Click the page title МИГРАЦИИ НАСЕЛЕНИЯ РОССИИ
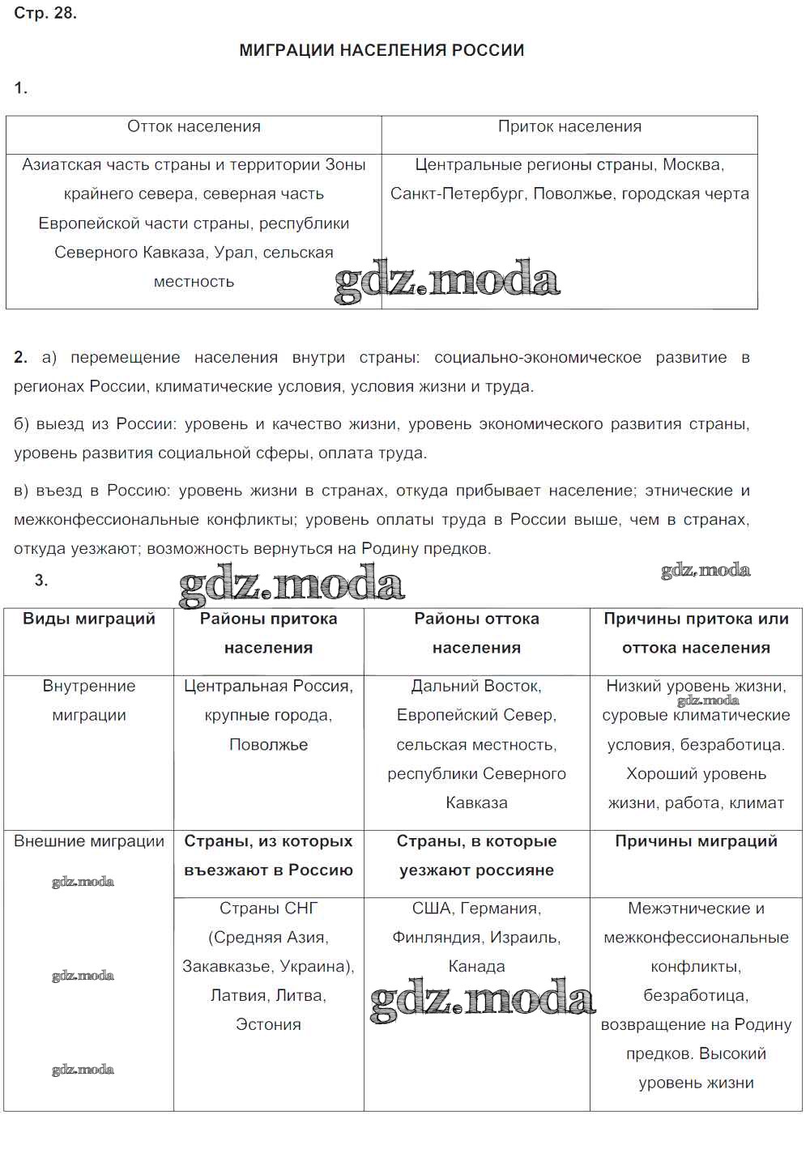pyautogui.click(x=382, y=50)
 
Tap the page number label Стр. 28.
pyautogui.click(x=45, y=13)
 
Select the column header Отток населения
pyautogui.click(x=194, y=126)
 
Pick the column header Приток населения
pyautogui.click(x=569, y=126)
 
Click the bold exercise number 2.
pyautogui.click(x=20, y=357)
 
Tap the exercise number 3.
pyautogui.click(x=41, y=580)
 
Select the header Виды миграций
pyautogui.click(x=89, y=619)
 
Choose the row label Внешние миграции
pyautogui.click(x=89, y=841)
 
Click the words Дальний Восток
pyautogui.click(x=476, y=686)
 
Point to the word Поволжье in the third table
pyautogui.click(x=268, y=745)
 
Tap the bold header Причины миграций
pyautogui.click(x=696, y=841)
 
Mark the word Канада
pyautogui.click(x=476, y=967)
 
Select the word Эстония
pyautogui.click(x=268, y=1025)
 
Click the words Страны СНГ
pyautogui.click(x=268, y=909)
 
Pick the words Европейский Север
pyautogui.click(x=476, y=716)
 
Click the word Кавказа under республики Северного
pyautogui.click(x=476, y=803)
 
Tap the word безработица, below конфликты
pyautogui.click(x=696, y=996)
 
